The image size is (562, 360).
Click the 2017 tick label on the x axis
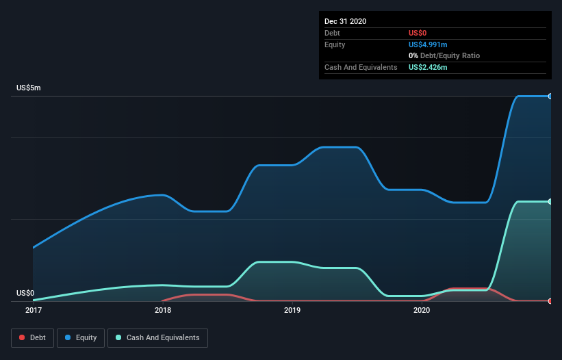[x=33, y=310]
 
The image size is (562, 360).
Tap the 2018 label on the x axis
[x=163, y=310]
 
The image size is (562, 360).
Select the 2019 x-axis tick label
[x=292, y=310]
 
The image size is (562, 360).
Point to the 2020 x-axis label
[x=422, y=310]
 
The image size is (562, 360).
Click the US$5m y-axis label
[x=29, y=88]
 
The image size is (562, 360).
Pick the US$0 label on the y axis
[x=25, y=293]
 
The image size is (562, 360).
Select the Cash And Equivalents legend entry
[x=157, y=337]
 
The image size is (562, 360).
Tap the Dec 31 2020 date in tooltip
[x=345, y=21]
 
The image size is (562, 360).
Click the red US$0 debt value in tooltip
[x=418, y=33]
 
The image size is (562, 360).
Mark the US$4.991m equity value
[x=428, y=44]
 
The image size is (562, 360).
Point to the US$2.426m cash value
[x=428, y=67]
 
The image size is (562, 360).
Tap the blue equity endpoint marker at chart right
[x=550, y=97]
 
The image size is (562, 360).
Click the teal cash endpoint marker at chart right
[x=550, y=201]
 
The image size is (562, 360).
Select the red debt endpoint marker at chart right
[x=550, y=301]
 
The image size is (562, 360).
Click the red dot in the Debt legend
[x=22, y=338]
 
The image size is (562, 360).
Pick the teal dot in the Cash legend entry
[x=118, y=338]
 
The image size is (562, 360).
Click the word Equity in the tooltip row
[x=335, y=44]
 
